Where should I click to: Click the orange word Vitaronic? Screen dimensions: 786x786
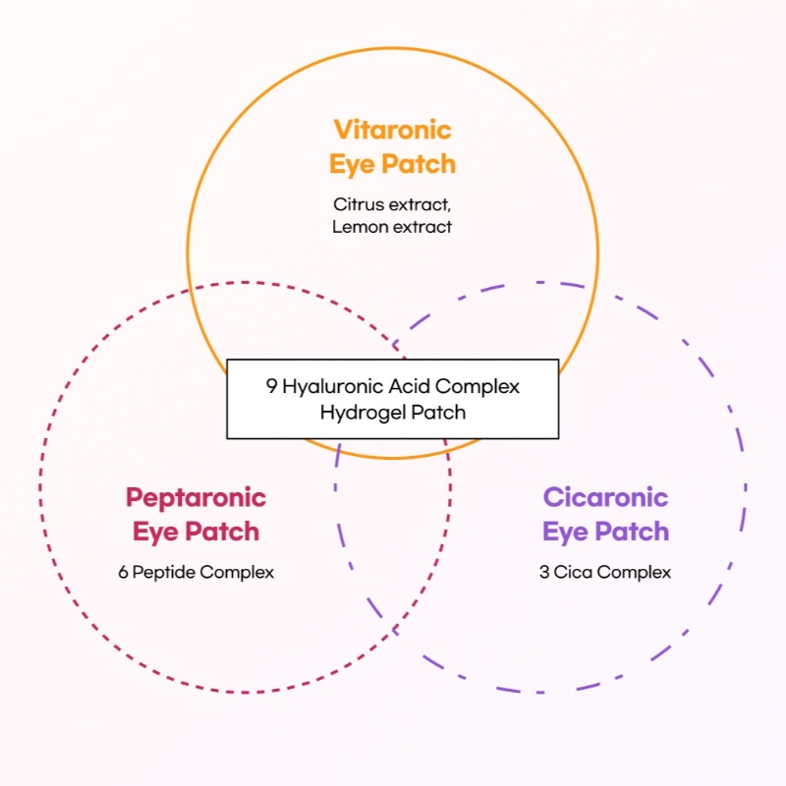392,130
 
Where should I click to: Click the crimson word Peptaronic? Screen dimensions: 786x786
196,498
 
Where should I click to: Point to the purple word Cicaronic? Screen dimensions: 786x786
605,497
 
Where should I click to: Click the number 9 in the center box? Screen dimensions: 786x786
271,386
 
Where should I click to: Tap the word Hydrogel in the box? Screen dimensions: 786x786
363,413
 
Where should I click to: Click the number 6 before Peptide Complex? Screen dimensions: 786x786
123,572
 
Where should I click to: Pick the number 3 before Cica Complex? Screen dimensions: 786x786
544,572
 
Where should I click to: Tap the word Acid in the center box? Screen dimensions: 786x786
409,386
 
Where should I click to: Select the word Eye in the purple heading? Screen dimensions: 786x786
564,533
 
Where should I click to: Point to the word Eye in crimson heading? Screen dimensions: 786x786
154,533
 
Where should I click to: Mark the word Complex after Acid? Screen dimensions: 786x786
477,387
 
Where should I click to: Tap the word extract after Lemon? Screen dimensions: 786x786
422,227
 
